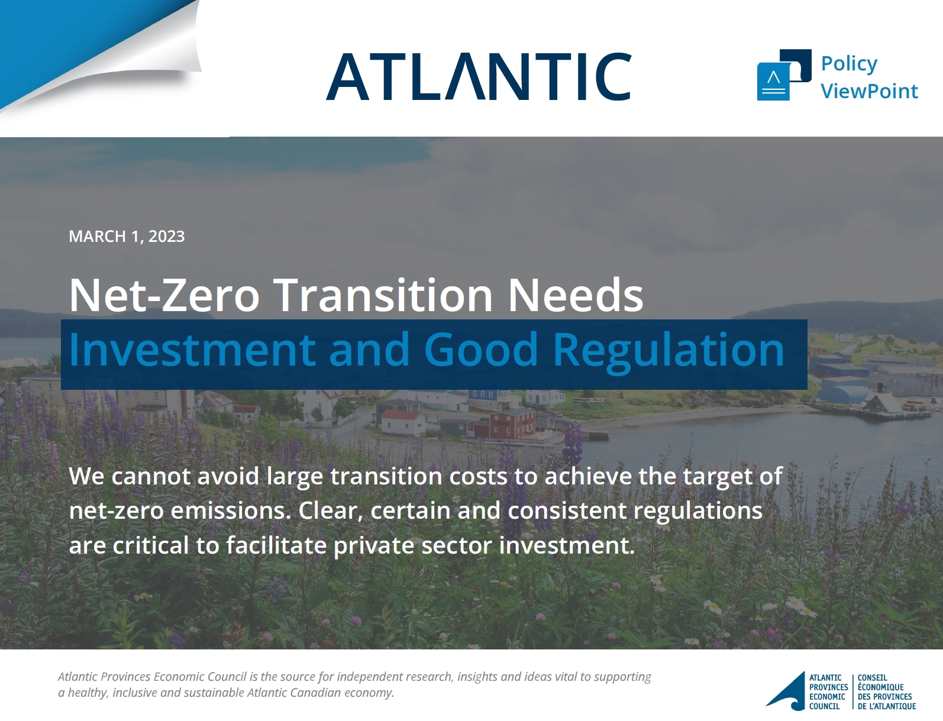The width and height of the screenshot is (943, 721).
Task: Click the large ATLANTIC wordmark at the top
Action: click(x=479, y=76)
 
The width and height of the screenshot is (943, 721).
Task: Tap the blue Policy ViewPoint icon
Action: click(x=784, y=75)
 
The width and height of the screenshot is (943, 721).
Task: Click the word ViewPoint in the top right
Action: click(x=869, y=91)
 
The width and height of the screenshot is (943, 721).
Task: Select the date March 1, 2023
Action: click(x=127, y=236)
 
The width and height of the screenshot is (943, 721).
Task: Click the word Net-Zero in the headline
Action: click(x=164, y=295)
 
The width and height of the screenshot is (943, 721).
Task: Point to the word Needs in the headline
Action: click(x=576, y=295)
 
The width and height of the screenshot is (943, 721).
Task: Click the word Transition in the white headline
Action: click(x=383, y=295)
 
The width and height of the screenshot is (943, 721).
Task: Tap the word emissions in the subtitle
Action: click(x=231, y=511)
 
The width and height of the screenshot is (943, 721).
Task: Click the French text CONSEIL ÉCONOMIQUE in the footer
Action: click(x=880, y=683)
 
